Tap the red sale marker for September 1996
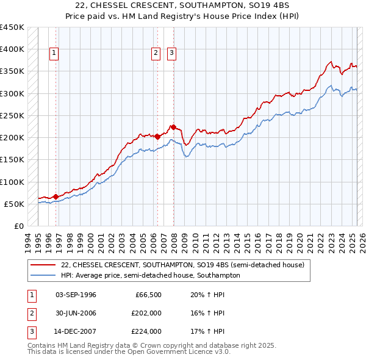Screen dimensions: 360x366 (x=56, y=196)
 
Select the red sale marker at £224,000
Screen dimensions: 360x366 (x=173, y=127)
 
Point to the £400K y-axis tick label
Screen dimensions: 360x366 (x=12, y=49)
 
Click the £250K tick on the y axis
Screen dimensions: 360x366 (x=12, y=115)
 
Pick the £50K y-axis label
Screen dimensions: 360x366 (x=15, y=204)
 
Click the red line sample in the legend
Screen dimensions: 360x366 (x=43, y=265)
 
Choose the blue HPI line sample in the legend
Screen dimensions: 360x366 (x=43, y=275)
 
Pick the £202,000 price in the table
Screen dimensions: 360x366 (x=147, y=313)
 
